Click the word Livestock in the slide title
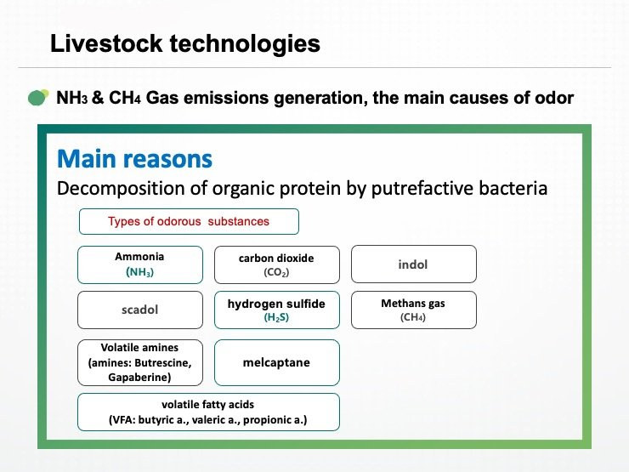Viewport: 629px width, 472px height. [106, 43]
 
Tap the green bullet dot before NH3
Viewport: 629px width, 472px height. [38, 98]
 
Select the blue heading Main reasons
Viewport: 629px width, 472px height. [135, 159]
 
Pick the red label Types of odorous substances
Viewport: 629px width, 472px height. [189, 222]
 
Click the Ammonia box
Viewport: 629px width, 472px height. [140, 264]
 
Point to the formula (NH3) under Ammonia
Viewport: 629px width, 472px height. [139, 272]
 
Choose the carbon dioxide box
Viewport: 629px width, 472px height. [277, 264]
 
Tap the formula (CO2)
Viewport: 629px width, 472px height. [276, 272]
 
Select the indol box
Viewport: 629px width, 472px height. [414, 264]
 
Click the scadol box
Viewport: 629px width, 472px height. [140, 310]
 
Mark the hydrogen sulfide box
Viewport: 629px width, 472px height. [277, 310]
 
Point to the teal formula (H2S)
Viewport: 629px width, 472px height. [276, 317]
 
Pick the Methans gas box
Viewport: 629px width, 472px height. [414, 310]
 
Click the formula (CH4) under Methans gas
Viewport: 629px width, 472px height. [413, 317]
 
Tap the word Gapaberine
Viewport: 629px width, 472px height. [139, 378]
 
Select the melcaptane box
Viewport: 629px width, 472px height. [277, 363]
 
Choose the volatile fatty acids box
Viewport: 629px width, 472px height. [208, 412]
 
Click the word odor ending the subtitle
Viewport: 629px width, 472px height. [554, 98]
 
